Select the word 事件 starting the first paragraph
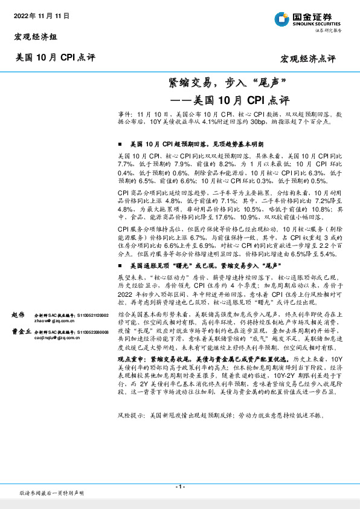pos(124,114)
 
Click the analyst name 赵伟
pos(19,316)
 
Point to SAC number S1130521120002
pos(91,316)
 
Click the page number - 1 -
pos(180,487)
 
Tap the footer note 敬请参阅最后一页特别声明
pos(52,493)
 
